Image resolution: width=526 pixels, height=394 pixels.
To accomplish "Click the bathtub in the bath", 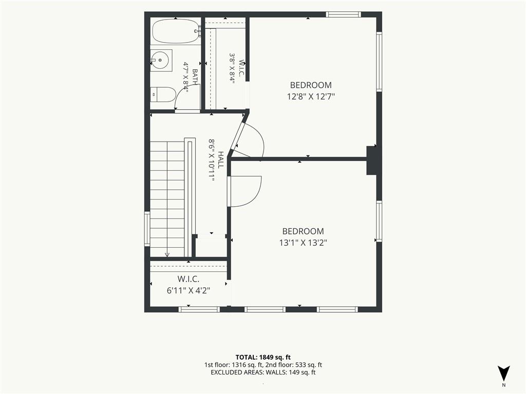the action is [x=176, y=31].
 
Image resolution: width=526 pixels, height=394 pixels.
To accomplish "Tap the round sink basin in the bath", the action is [x=161, y=61].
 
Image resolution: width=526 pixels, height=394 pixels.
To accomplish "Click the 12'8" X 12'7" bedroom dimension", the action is [x=311, y=97].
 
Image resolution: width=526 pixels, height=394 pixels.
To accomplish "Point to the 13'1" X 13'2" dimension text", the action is [x=303, y=243].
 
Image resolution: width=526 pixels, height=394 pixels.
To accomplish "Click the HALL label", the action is [x=220, y=160].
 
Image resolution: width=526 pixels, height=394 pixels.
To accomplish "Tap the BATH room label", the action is [x=195, y=77].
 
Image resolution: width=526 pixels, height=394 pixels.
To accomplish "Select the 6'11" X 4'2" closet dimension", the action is [x=189, y=290].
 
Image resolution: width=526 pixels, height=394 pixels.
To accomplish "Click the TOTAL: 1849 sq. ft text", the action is [x=263, y=357].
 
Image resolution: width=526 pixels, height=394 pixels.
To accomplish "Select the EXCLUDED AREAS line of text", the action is [x=263, y=372].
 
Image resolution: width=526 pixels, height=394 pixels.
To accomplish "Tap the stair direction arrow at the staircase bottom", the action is [x=167, y=254].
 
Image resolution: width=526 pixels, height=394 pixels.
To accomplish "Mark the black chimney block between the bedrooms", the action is [x=371, y=160].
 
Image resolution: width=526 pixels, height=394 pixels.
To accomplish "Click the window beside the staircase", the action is [x=147, y=229].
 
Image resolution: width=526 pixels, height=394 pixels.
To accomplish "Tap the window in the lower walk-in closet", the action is [x=199, y=309].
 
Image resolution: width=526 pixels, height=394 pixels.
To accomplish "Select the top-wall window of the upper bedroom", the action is [x=343, y=14].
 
